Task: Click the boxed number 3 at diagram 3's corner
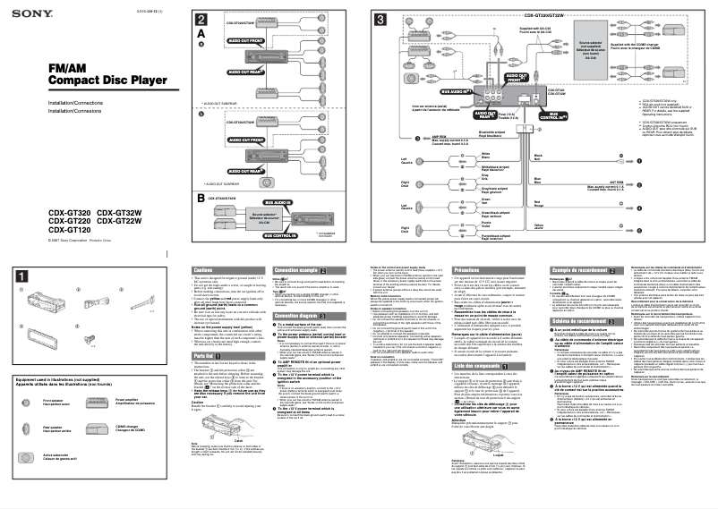(380, 20)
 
